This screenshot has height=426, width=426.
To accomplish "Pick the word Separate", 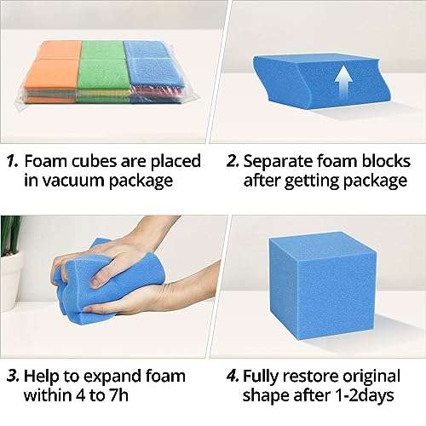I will (x=280, y=160).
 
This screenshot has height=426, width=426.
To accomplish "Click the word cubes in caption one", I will (x=89, y=160).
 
